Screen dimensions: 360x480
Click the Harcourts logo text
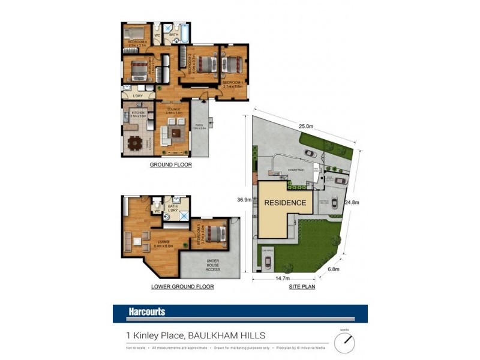coord(146,312)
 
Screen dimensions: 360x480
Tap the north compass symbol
coord(345,343)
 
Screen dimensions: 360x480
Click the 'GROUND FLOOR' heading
coord(171,164)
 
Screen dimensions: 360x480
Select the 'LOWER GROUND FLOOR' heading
coord(182,287)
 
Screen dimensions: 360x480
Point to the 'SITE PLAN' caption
coord(302,287)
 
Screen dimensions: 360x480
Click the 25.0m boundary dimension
coord(305,127)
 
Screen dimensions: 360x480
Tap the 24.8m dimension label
coord(352,202)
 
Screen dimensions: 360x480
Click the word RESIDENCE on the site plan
coord(286,203)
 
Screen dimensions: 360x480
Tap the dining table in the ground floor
coord(134,143)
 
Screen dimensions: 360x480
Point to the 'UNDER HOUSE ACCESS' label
coord(212,264)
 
